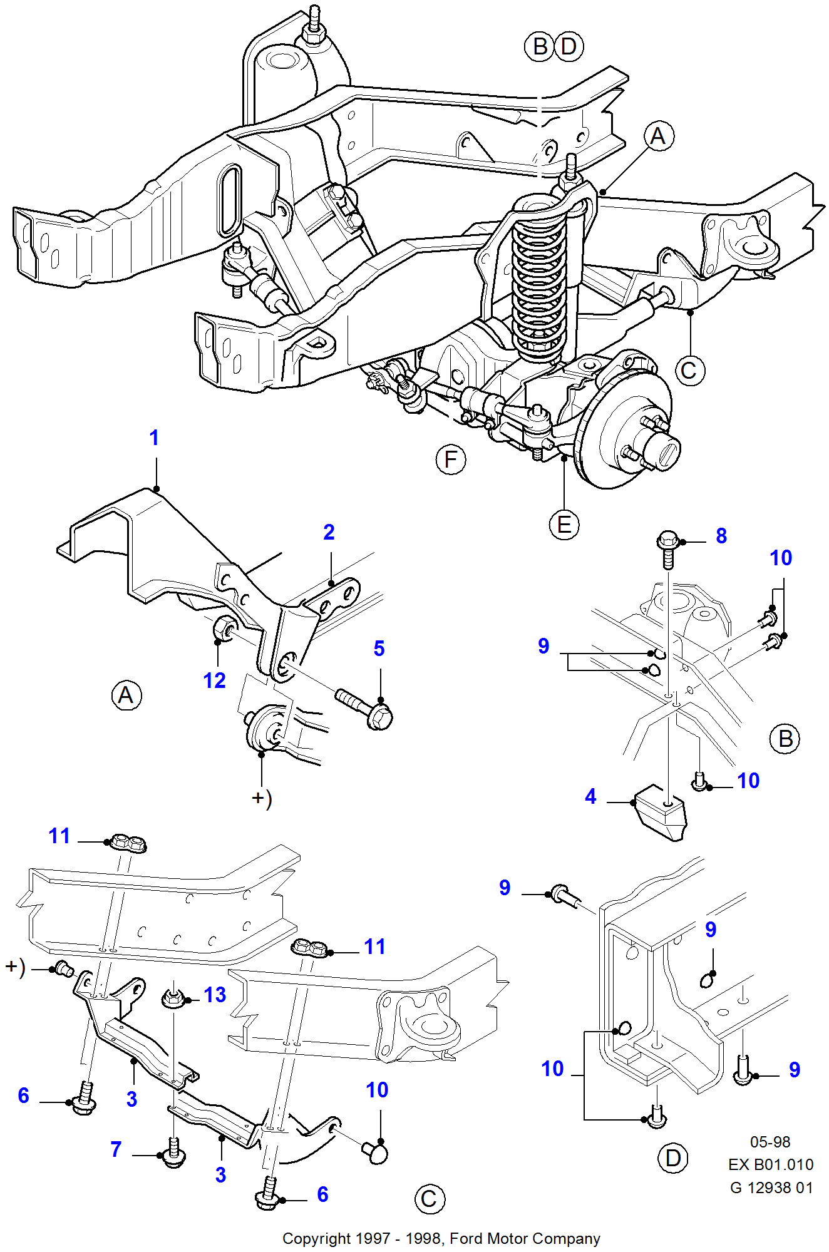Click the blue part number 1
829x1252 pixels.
coord(154,438)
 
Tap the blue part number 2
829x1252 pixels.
coord(329,532)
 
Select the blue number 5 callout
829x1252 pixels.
coord(379,649)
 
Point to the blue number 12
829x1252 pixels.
coord(214,680)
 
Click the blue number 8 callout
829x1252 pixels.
coord(721,536)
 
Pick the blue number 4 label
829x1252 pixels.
coord(590,796)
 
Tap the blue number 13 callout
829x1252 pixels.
coord(215,995)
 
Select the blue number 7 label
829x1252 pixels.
coord(116,1149)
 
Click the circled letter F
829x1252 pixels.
coord(451,459)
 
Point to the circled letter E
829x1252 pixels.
coord(564,525)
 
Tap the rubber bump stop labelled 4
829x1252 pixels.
coord(661,812)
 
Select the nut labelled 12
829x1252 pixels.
coord(224,629)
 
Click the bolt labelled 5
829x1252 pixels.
coord(364,708)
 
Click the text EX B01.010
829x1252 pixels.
coord(771,1164)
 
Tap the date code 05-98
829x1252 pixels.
coord(770,1142)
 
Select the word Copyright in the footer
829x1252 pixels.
coord(317,1239)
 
